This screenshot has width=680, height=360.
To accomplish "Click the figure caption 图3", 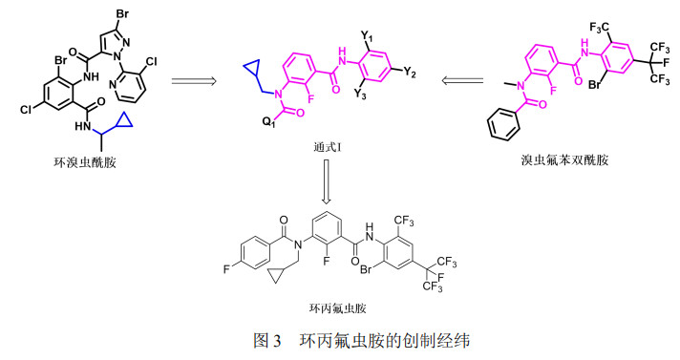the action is click(x=263, y=339).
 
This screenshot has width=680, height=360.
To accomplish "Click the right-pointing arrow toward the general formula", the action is click(x=197, y=84).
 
